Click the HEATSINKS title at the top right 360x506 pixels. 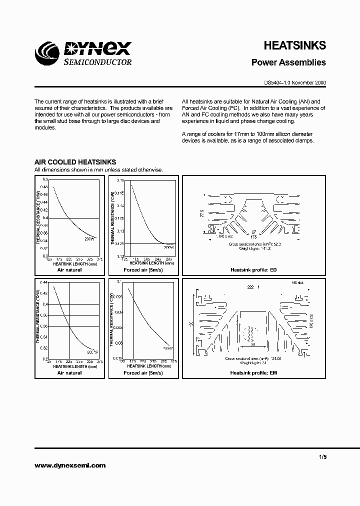point(294,45)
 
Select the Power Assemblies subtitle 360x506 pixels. point(288,62)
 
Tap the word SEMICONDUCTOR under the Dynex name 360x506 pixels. point(97,62)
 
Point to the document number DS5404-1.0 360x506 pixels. point(276,83)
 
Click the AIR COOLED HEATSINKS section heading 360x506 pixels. point(75,162)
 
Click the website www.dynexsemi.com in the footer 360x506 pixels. point(70,465)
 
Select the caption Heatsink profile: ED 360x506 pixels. point(253,269)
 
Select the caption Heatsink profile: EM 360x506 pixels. point(253,373)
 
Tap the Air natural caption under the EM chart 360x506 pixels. point(69,373)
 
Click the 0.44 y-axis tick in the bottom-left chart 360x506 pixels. point(44,282)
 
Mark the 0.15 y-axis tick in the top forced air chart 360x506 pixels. point(119,179)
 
